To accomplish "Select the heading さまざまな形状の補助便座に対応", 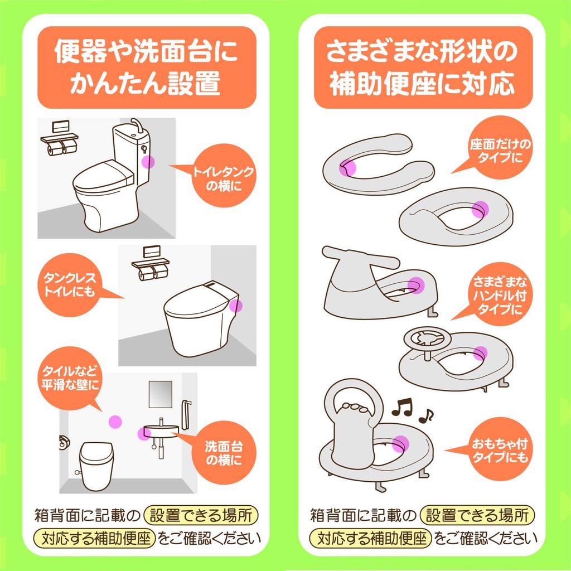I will click(x=422, y=67).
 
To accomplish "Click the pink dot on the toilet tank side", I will click(x=148, y=162).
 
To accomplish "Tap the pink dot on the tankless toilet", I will click(x=236, y=306).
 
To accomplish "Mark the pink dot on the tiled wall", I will click(x=115, y=422).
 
